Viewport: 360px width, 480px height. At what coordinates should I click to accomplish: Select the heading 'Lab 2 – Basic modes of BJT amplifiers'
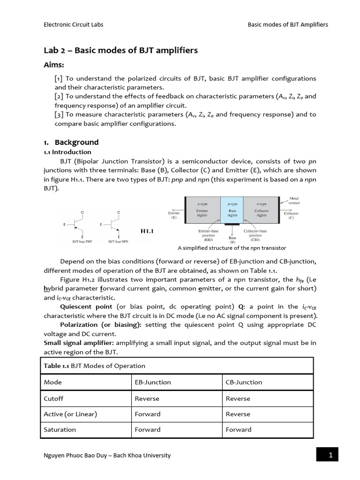click(x=120, y=51)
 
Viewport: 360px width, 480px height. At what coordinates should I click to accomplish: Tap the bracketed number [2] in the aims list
click(x=59, y=96)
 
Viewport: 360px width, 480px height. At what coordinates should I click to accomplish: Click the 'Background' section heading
click(x=76, y=142)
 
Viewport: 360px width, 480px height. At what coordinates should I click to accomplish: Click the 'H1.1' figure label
click(x=148, y=231)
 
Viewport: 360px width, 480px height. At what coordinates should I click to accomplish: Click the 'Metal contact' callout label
click(x=294, y=201)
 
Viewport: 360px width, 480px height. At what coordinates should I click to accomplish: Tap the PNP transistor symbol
click(x=76, y=225)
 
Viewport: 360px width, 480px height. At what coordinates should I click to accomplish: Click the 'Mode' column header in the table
click(x=52, y=382)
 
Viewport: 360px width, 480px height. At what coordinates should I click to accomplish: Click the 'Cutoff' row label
click(x=53, y=398)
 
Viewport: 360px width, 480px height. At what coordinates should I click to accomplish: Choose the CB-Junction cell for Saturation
click(x=239, y=429)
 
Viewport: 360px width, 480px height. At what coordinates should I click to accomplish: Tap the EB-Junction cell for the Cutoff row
click(x=147, y=398)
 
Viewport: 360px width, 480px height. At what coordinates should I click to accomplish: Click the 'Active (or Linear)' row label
click(x=70, y=414)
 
